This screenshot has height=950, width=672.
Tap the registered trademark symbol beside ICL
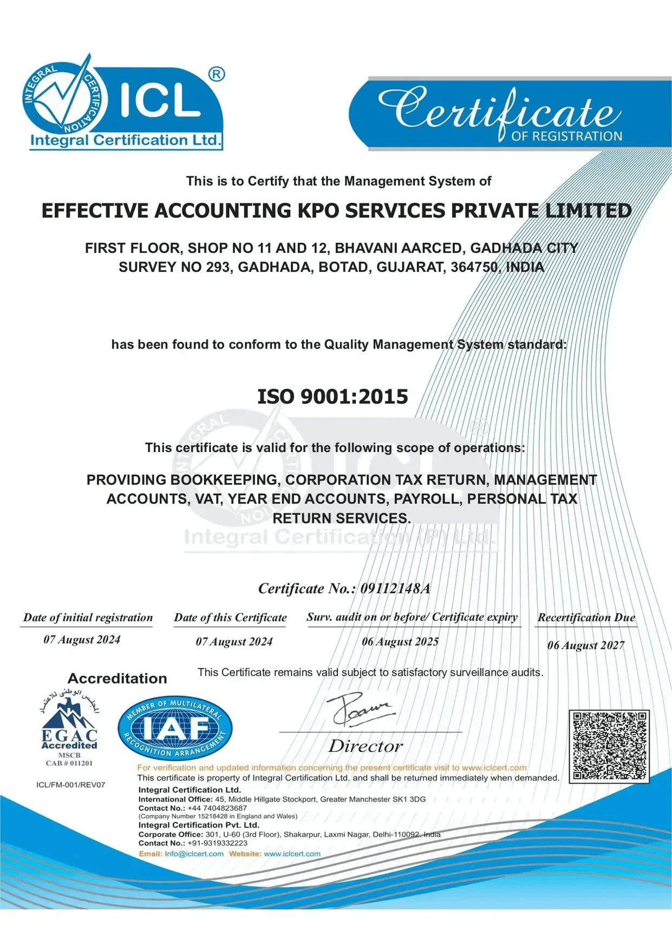point(217,74)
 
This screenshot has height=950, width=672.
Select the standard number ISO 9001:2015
point(332,397)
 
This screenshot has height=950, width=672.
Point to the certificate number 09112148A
point(395,588)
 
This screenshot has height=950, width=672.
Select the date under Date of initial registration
point(82,640)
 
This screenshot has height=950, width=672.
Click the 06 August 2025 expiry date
point(400,642)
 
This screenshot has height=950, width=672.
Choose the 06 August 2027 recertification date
point(586,645)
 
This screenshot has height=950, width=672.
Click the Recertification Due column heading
point(586,618)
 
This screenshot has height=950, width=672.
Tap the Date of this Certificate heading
point(230,618)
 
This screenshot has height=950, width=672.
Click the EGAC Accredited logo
point(69,728)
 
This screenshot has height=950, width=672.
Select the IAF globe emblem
point(175,729)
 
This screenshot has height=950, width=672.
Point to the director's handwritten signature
point(360,710)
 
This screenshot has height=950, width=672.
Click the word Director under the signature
point(366,746)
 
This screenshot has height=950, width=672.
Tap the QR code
point(609,746)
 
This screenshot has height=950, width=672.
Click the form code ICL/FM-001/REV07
point(71,785)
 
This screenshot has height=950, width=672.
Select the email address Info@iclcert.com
point(194,854)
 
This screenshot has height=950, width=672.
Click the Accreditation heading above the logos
point(118,678)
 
